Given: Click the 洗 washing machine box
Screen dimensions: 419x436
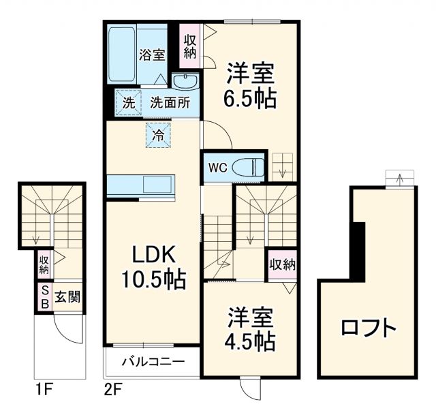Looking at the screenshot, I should tap(128, 103).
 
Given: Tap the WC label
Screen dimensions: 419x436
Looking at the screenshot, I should tap(217, 168).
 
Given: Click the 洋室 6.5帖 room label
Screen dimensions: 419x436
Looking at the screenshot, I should tap(250, 85).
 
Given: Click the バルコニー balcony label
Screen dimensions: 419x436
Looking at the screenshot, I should tap(153, 361).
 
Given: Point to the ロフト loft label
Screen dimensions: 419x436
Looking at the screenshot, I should tap(369, 328).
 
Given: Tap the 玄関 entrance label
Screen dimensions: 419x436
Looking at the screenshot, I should tap(67, 298).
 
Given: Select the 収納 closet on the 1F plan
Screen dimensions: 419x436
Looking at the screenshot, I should tap(44, 264).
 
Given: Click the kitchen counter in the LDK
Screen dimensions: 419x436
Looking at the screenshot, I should tap(141, 184).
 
